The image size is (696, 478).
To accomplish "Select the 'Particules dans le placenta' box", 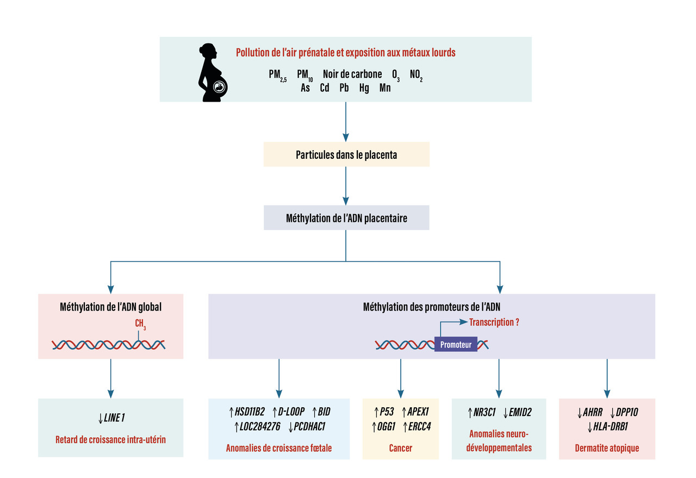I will click(346, 154).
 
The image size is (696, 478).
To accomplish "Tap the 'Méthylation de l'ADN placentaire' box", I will click(346, 218).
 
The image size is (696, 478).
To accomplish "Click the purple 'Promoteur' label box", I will click(456, 344).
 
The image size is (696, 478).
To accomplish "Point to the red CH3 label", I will click(140, 325).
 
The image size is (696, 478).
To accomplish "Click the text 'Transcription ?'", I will click(494, 322).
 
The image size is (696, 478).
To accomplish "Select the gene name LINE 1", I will click(116, 418).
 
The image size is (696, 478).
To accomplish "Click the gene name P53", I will click(387, 412).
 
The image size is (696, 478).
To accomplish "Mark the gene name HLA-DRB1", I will click(611, 426).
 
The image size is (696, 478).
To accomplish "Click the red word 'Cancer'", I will click(400, 448).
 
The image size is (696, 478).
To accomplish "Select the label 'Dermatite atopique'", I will click(606, 448).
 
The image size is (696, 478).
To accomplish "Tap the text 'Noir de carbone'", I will click(352, 74).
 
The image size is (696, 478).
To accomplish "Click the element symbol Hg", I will click(363, 88).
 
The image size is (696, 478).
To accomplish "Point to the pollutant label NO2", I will click(416, 75).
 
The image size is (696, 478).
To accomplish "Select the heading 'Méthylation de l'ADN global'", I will click(110, 307).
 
